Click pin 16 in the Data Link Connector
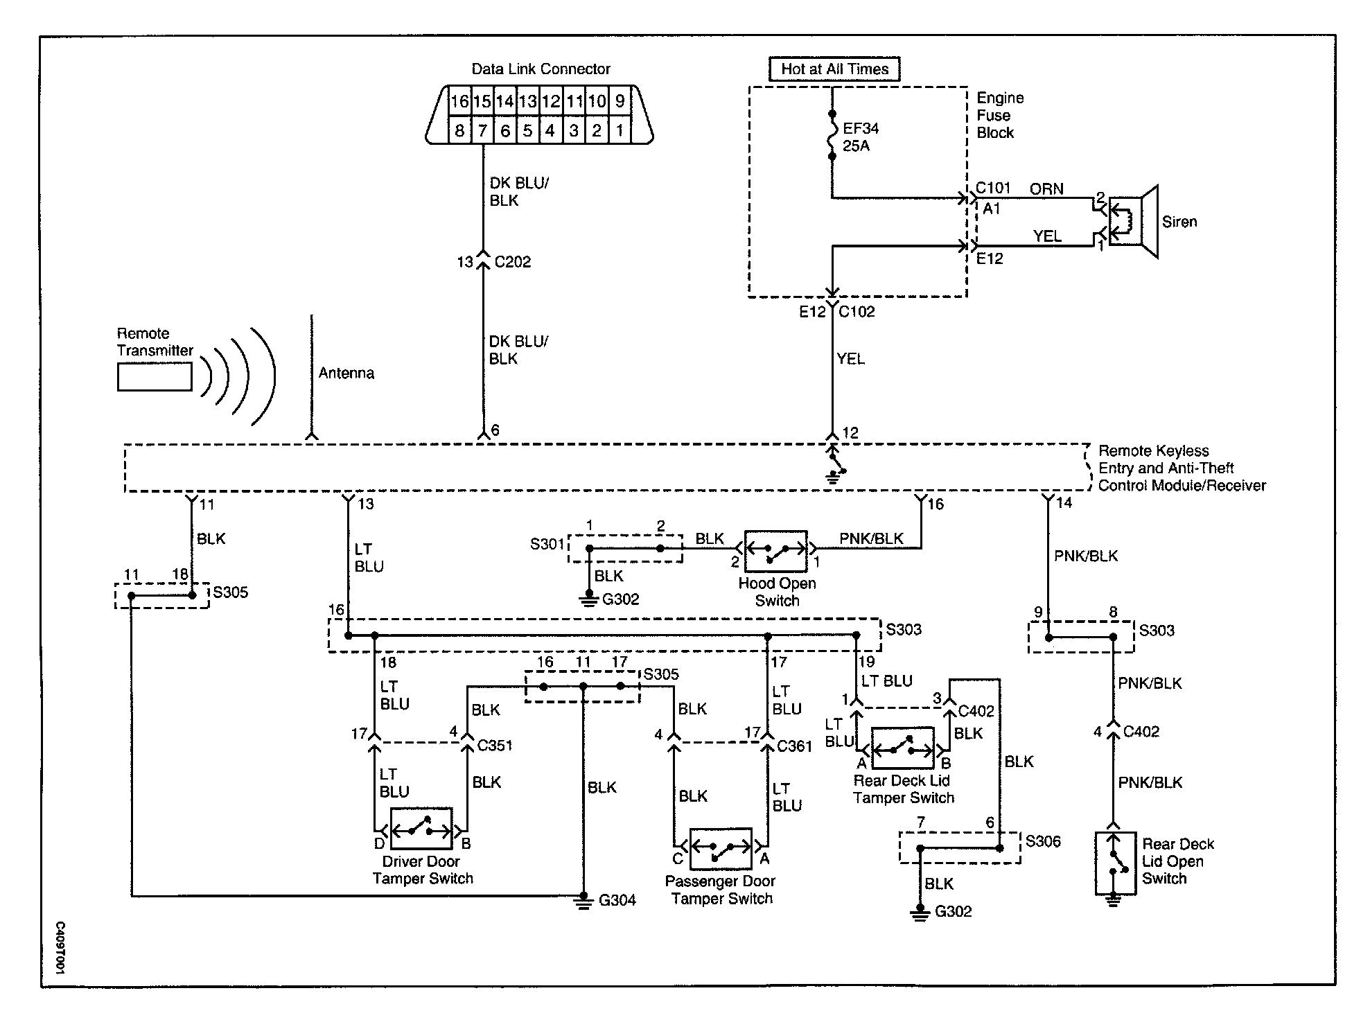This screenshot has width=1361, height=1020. click(460, 101)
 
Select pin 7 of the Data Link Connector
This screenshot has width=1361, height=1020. click(482, 130)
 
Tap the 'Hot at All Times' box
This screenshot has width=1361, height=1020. click(834, 69)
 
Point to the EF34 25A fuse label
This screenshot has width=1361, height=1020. click(861, 137)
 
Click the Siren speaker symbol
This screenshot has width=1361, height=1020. click(1134, 222)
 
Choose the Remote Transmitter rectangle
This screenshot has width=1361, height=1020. click(155, 377)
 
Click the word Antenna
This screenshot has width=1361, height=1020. click(346, 373)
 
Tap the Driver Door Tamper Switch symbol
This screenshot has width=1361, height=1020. click(421, 828)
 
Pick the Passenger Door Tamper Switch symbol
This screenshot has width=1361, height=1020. click(721, 848)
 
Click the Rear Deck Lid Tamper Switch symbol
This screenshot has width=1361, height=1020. click(903, 748)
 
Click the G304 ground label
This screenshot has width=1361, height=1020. click(617, 900)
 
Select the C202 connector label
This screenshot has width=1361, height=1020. click(513, 262)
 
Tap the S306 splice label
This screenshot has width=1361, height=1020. click(1043, 841)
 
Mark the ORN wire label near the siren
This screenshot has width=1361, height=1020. click(1046, 189)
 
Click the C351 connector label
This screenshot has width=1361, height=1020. click(495, 746)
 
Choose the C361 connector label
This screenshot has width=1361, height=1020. click(795, 746)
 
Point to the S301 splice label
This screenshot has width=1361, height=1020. click(547, 544)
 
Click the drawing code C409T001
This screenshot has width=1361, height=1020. click(60, 949)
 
